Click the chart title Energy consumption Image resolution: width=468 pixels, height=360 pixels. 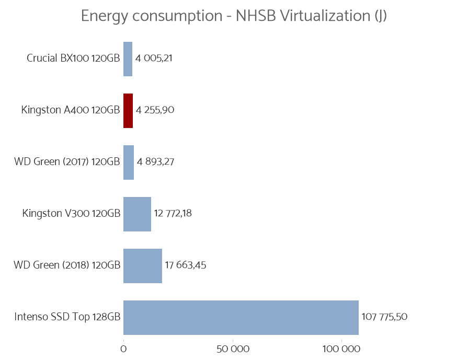tap(234, 16)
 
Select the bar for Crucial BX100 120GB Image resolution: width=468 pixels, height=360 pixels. tap(128, 59)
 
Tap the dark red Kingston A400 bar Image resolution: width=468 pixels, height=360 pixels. tap(128, 111)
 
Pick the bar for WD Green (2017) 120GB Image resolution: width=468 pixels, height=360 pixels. tap(129, 162)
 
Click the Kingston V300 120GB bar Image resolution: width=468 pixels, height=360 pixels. tap(137, 214)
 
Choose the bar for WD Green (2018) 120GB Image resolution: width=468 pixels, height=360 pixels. tap(142, 265)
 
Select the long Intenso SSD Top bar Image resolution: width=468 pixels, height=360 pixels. tap(241, 317)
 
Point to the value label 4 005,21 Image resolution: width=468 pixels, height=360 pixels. tap(154, 58)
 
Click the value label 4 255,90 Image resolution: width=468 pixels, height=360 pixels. tap(155, 110)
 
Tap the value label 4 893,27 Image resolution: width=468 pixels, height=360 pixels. tap(155, 161)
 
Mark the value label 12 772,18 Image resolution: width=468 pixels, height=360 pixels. tap(173, 213)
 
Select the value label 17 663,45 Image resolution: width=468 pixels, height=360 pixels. tap(185, 265)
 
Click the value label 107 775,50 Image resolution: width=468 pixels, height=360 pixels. tap(384, 317)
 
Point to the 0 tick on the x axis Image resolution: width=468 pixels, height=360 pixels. tap(123, 349)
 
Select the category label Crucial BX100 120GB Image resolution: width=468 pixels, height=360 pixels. tap(73, 58)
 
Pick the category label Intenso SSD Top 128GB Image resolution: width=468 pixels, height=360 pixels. tap(67, 317)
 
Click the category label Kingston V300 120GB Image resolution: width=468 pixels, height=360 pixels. tap(71, 213)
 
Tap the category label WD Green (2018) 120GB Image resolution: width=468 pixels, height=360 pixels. tap(67, 265)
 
